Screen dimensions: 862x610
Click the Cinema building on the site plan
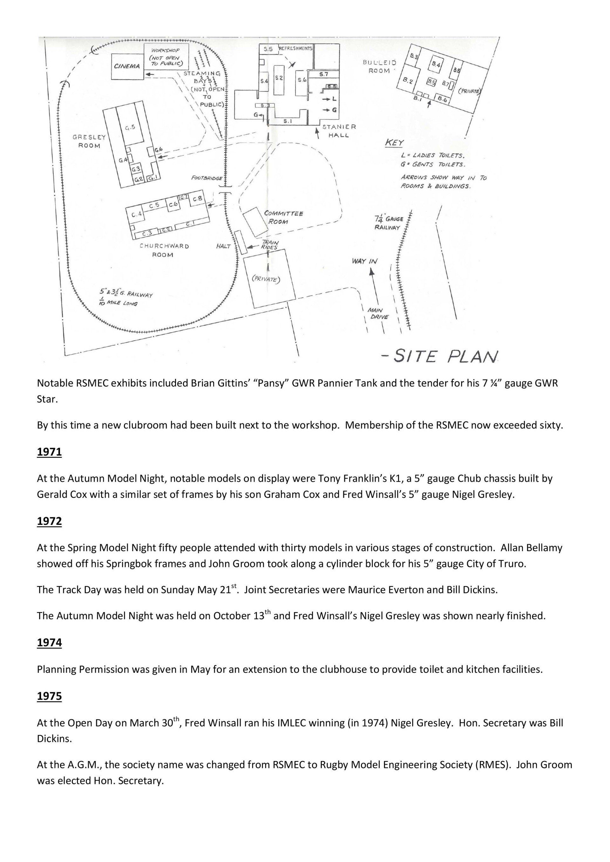pos(127,66)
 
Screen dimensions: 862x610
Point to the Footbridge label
pos(207,178)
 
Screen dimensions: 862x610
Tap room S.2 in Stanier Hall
pos(279,78)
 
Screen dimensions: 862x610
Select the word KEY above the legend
pos(394,143)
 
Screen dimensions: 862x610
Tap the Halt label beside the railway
pos(223,246)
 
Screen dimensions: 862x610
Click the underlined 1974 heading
pos(49,643)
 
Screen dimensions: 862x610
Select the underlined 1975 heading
pos(49,697)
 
